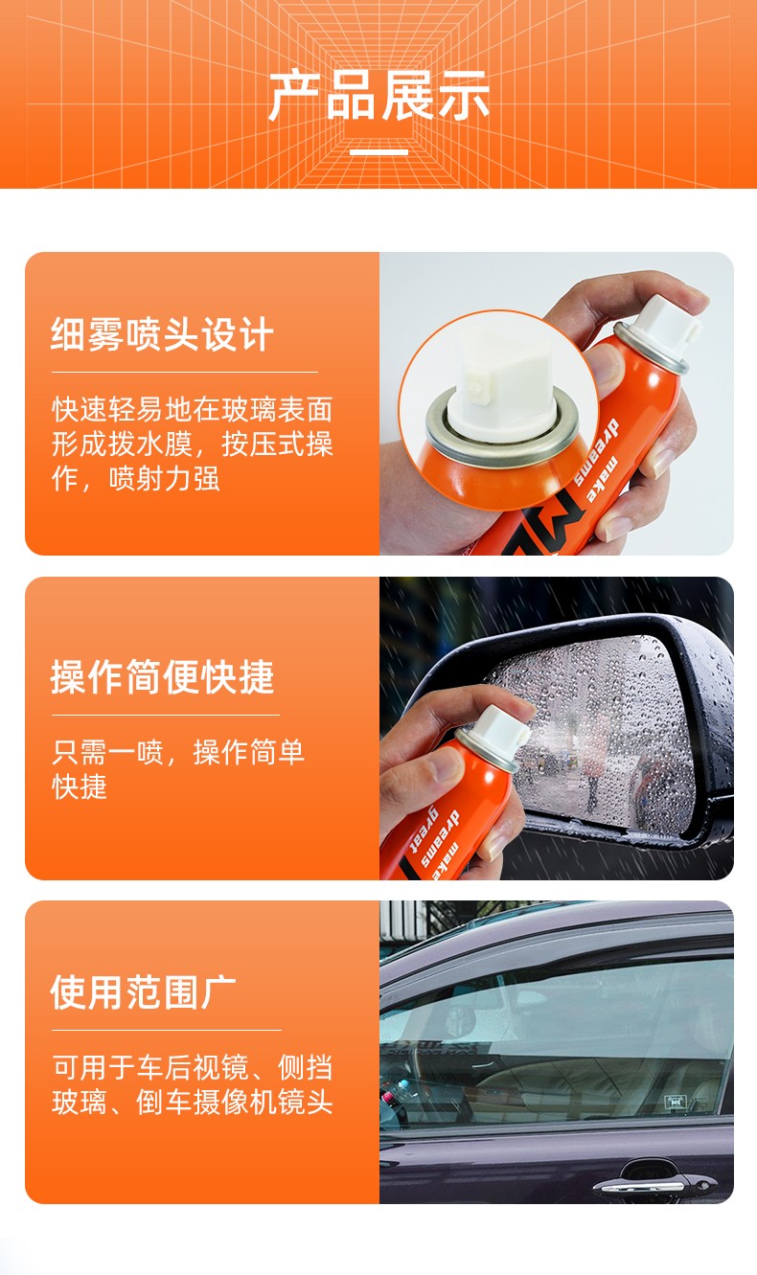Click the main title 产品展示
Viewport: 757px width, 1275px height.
pyautogui.click(x=378, y=96)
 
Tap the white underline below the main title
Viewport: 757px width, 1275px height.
pyautogui.click(x=378, y=152)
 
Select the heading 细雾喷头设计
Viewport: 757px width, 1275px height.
pyautogui.click(x=162, y=334)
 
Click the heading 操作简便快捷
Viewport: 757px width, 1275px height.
pyautogui.click(x=162, y=676)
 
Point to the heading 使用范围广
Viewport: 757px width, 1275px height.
pyautogui.click(x=144, y=992)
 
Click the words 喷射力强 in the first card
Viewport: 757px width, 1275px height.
pyautogui.click(x=164, y=478)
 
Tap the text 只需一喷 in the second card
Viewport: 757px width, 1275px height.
pyautogui.click(x=107, y=753)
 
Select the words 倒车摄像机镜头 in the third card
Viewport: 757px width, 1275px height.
pyautogui.click(x=235, y=1102)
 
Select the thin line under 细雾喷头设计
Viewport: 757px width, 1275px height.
pyautogui.click(x=184, y=372)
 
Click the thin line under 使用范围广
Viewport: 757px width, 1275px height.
pyautogui.click(x=166, y=1030)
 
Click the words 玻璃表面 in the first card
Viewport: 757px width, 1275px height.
pyautogui.click(x=277, y=409)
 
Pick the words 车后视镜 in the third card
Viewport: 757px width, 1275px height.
pyautogui.click(x=193, y=1067)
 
